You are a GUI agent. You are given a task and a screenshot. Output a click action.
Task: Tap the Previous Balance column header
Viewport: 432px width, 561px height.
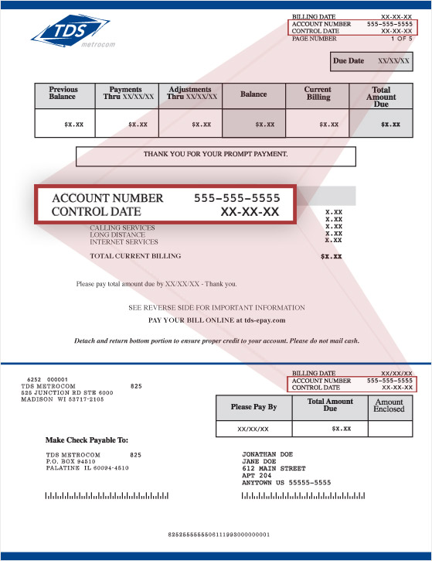(x=63, y=94)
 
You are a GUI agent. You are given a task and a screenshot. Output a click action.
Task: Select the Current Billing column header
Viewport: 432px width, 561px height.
(x=318, y=94)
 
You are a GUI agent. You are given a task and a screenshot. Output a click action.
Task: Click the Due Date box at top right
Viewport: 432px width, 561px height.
(x=371, y=60)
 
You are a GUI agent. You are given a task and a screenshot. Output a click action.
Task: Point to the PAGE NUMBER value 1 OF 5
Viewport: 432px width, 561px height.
(x=402, y=38)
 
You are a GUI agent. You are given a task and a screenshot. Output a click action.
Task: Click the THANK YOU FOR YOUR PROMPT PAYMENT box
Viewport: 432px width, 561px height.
(x=216, y=155)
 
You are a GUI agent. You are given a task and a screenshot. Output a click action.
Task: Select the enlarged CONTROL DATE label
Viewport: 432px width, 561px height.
(x=97, y=211)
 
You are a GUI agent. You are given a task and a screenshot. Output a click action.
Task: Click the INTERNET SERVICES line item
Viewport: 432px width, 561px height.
(x=124, y=241)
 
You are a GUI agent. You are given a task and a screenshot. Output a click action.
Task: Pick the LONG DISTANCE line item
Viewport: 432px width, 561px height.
(x=117, y=234)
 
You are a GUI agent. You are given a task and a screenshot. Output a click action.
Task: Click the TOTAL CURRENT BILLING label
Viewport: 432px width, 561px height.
(x=135, y=256)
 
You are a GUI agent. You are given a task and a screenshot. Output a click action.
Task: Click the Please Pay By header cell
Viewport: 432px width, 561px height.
(x=253, y=407)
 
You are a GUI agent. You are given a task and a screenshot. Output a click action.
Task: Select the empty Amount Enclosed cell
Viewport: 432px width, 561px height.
(x=389, y=428)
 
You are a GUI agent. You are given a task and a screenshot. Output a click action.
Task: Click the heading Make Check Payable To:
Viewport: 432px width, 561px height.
(x=87, y=440)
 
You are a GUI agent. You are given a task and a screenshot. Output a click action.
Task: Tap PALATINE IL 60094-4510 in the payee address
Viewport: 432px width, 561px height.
(x=87, y=468)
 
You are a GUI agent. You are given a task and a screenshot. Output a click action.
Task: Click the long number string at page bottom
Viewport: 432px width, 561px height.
(x=219, y=535)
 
